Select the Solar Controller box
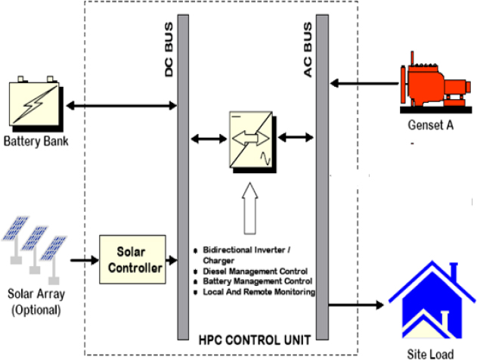(131, 259)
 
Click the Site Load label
(431, 353)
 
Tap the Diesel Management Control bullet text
(255, 271)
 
